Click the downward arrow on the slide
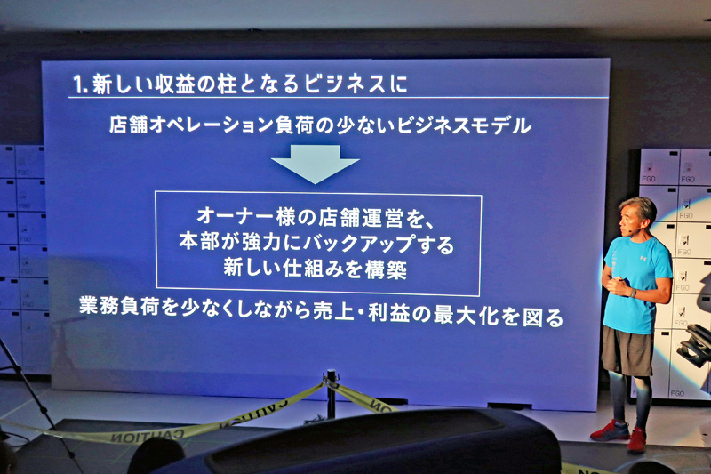(x=316, y=164)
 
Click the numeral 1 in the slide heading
(x=79, y=84)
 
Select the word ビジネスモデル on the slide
(x=463, y=125)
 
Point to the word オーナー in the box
(x=235, y=216)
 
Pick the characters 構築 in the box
(x=386, y=269)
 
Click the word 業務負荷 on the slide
(x=119, y=306)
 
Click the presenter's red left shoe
(x=637, y=440)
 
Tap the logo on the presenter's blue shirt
(x=642, y=258)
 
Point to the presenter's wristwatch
(x=633, y=293)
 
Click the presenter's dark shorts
(x=627, y=350)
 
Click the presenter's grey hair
(x=641, y=209)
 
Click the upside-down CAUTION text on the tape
(x=146, y=437)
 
